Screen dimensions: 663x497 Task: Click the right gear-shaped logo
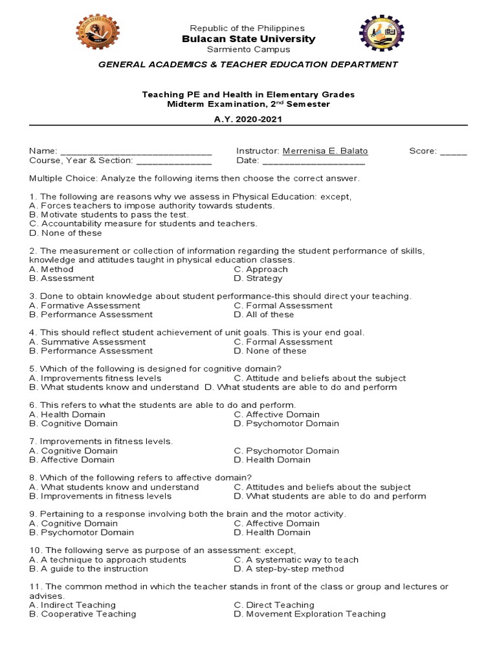[381, 32]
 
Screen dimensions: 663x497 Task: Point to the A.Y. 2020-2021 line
[248, 119]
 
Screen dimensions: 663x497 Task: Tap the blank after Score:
[453, 152]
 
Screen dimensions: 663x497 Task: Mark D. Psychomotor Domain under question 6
[286, 423]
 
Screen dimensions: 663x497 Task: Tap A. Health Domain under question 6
[73, 414]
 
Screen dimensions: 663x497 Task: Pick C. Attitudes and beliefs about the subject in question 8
[322, 487]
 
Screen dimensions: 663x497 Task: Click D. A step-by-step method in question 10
[289, 568]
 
